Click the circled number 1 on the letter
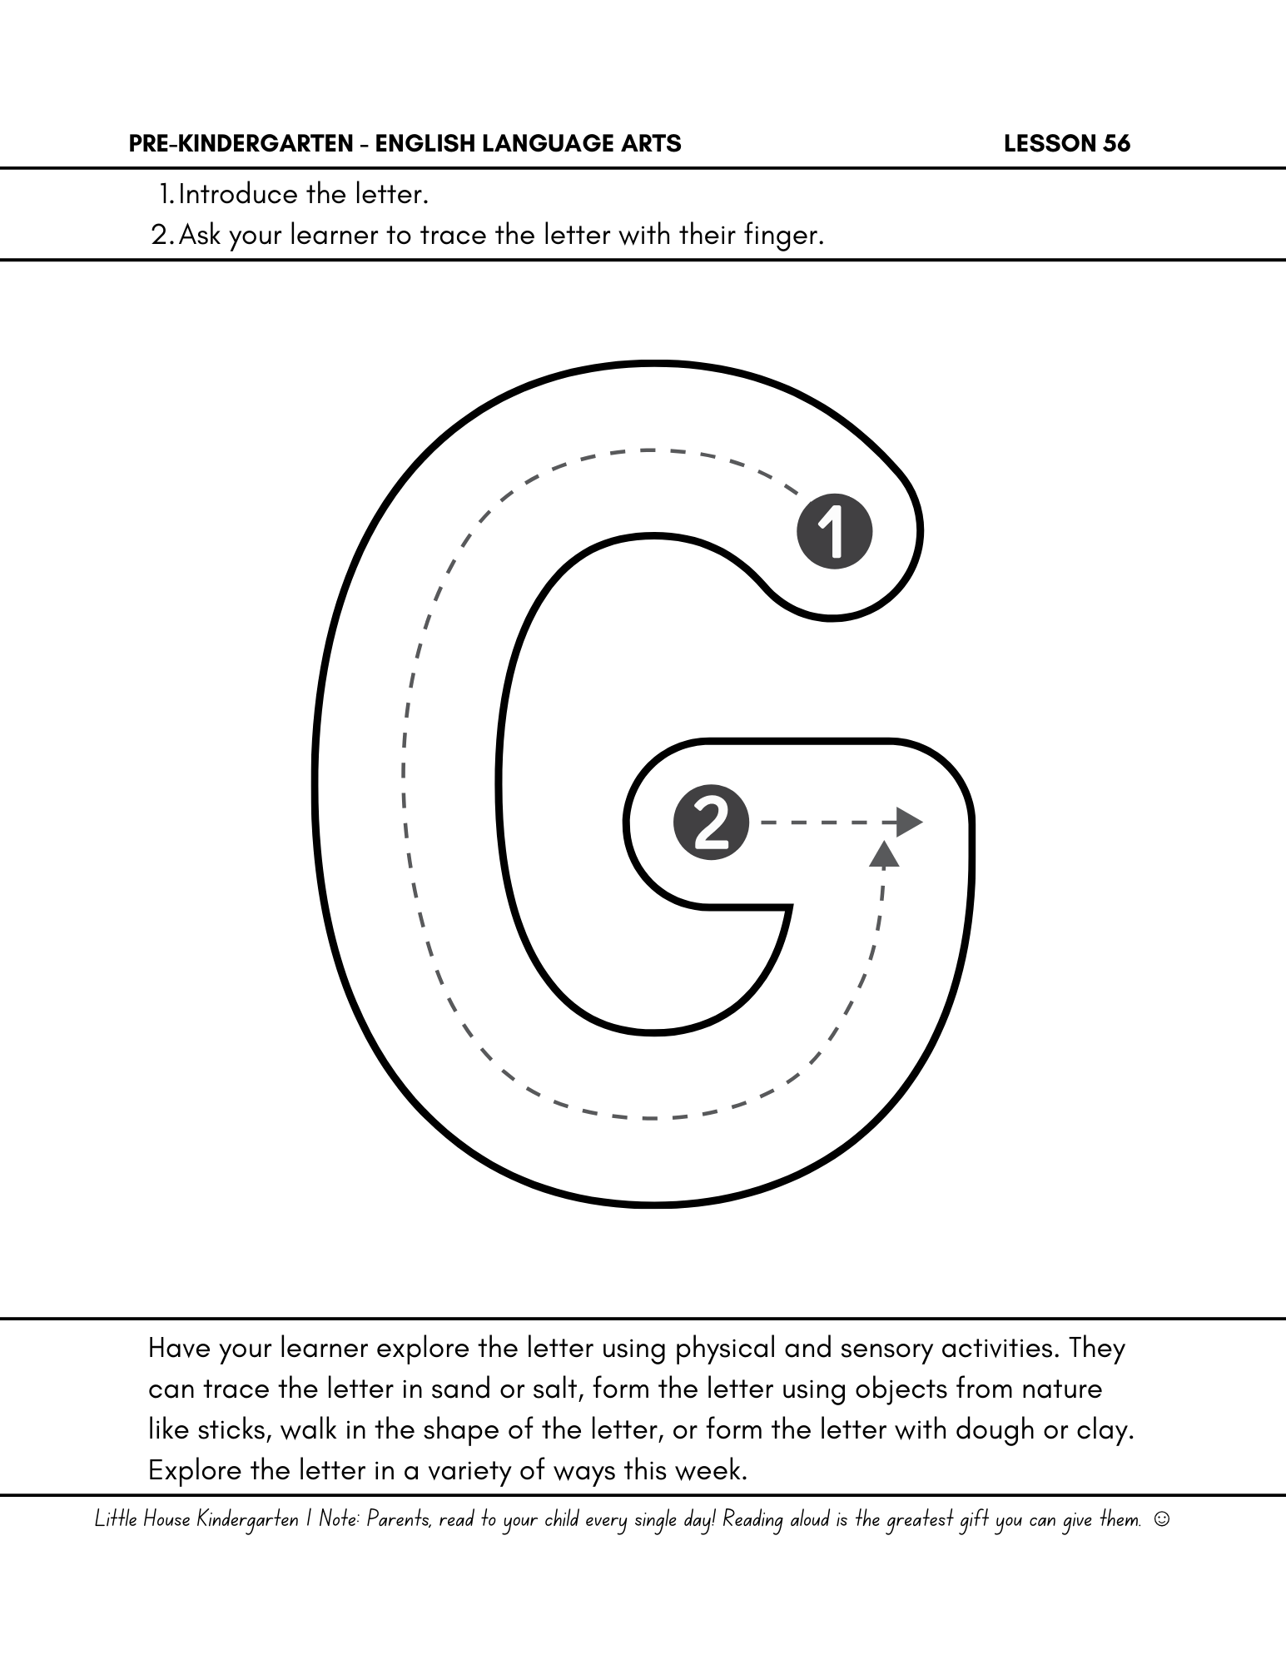click(x=834, y=532)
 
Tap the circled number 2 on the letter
click(x=711, y=823)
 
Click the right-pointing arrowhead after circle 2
click(x=909, y=823)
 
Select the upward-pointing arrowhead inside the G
click(x=884, y=854)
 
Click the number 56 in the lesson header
click(x=1117, y=144)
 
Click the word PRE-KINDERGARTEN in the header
click(x=241, y=144)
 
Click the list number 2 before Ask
click(x=161, y=236)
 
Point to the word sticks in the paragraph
click(x=234, y=1430)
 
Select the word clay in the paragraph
click(x=1105, y=1430)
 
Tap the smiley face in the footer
click(x=1163, y=1519)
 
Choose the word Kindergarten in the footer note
click(x=247, y=1520)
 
